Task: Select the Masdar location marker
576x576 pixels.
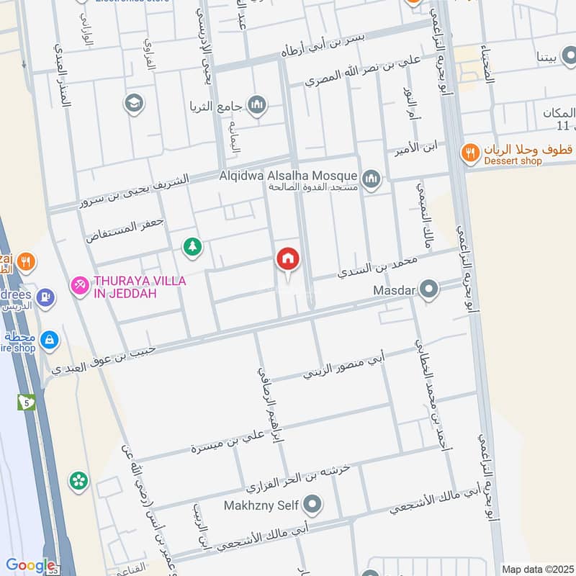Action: click(429, 291)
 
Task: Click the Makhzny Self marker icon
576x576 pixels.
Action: click(312, 504)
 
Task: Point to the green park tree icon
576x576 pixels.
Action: click(192, 248)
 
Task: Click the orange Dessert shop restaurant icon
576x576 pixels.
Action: click(469, 152)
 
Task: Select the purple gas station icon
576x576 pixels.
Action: click(46, 297)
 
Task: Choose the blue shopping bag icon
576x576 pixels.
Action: click(49, 339)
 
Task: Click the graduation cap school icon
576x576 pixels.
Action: click(133, 104)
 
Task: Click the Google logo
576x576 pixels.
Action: click(30, 566)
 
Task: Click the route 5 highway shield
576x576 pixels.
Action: click(27, 401)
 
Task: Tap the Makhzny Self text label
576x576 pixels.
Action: click(263, 504)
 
